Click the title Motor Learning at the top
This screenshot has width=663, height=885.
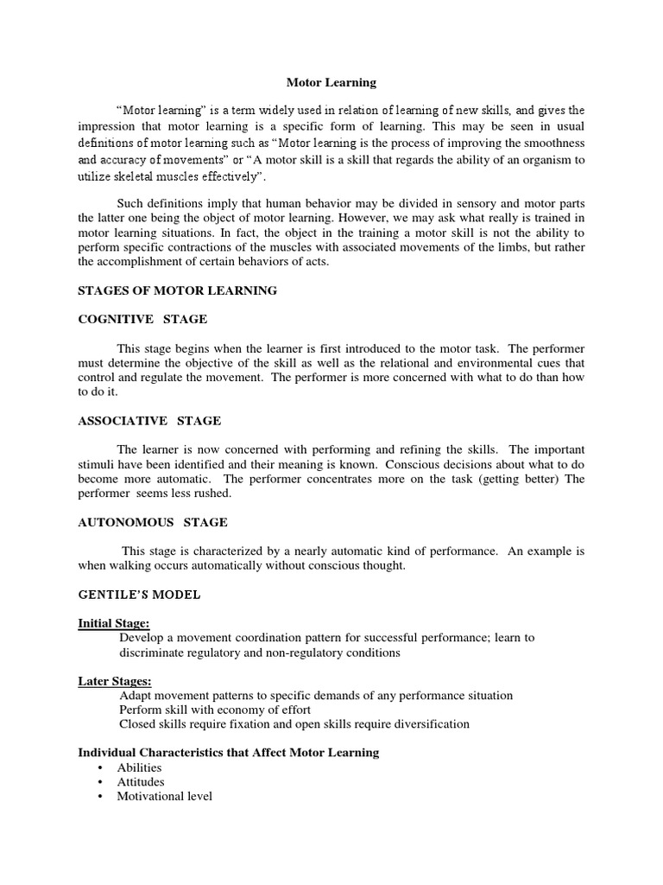tap(331, 83)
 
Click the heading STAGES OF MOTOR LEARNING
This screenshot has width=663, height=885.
tap(177, 290)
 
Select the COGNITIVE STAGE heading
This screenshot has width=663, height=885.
tap(142, 319)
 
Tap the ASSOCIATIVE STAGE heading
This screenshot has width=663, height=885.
tap(149, 421)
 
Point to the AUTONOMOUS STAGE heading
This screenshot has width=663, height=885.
tap(153, 522)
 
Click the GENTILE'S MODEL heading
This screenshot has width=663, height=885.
tap(139, 595)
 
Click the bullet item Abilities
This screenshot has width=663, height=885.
tap(139, 767)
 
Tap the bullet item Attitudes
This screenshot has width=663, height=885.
tap(141, 782)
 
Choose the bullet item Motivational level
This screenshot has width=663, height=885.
tap(164, 796)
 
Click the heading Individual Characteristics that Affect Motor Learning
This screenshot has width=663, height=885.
tap(229, 753)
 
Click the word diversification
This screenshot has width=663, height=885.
tap(426, 724)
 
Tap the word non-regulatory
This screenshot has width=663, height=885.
tap(281, 653)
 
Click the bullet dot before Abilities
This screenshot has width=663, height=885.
tap(101, 767)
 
